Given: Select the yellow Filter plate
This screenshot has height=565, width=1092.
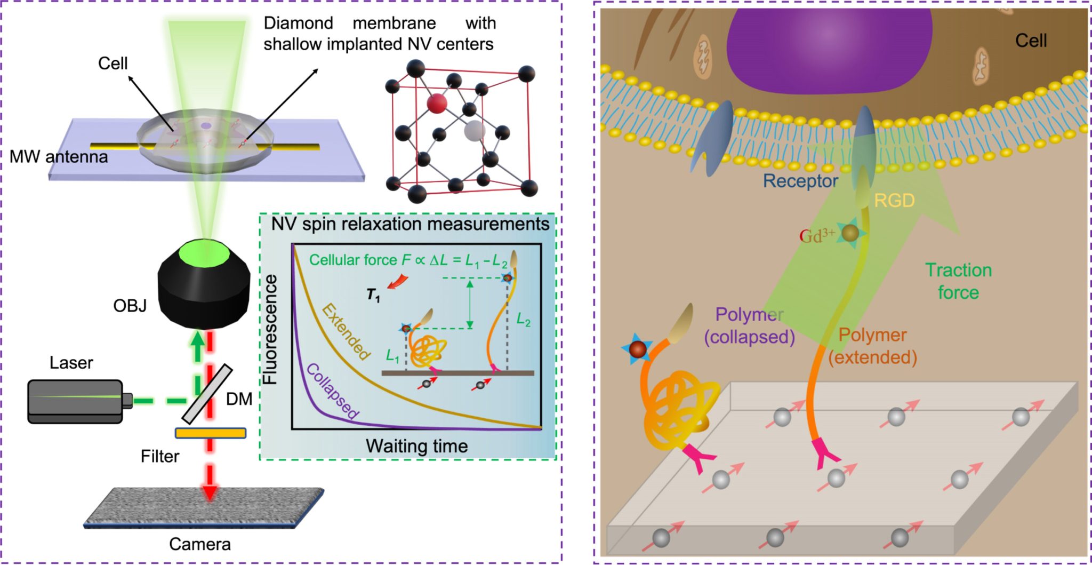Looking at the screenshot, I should [211, 433].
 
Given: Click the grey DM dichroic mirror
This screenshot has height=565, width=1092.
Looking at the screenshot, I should [207, 393].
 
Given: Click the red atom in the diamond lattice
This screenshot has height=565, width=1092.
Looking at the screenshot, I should [437, 102].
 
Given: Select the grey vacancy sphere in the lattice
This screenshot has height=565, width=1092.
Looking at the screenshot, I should [474, 130].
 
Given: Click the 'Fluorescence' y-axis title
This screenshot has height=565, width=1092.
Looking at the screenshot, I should [271, 329].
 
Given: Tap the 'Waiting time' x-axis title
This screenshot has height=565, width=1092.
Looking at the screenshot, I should [416, 446].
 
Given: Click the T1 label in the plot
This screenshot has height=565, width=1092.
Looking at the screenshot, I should [373, 295].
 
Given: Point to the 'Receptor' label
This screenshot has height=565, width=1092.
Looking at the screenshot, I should [800, 181].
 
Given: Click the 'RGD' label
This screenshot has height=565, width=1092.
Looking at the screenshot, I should [894, 201].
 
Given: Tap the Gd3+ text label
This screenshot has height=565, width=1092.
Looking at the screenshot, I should [816, 235].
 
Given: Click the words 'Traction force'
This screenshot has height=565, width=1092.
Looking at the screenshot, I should [958, 281].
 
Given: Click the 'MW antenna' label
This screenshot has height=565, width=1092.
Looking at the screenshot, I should [59, 157].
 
